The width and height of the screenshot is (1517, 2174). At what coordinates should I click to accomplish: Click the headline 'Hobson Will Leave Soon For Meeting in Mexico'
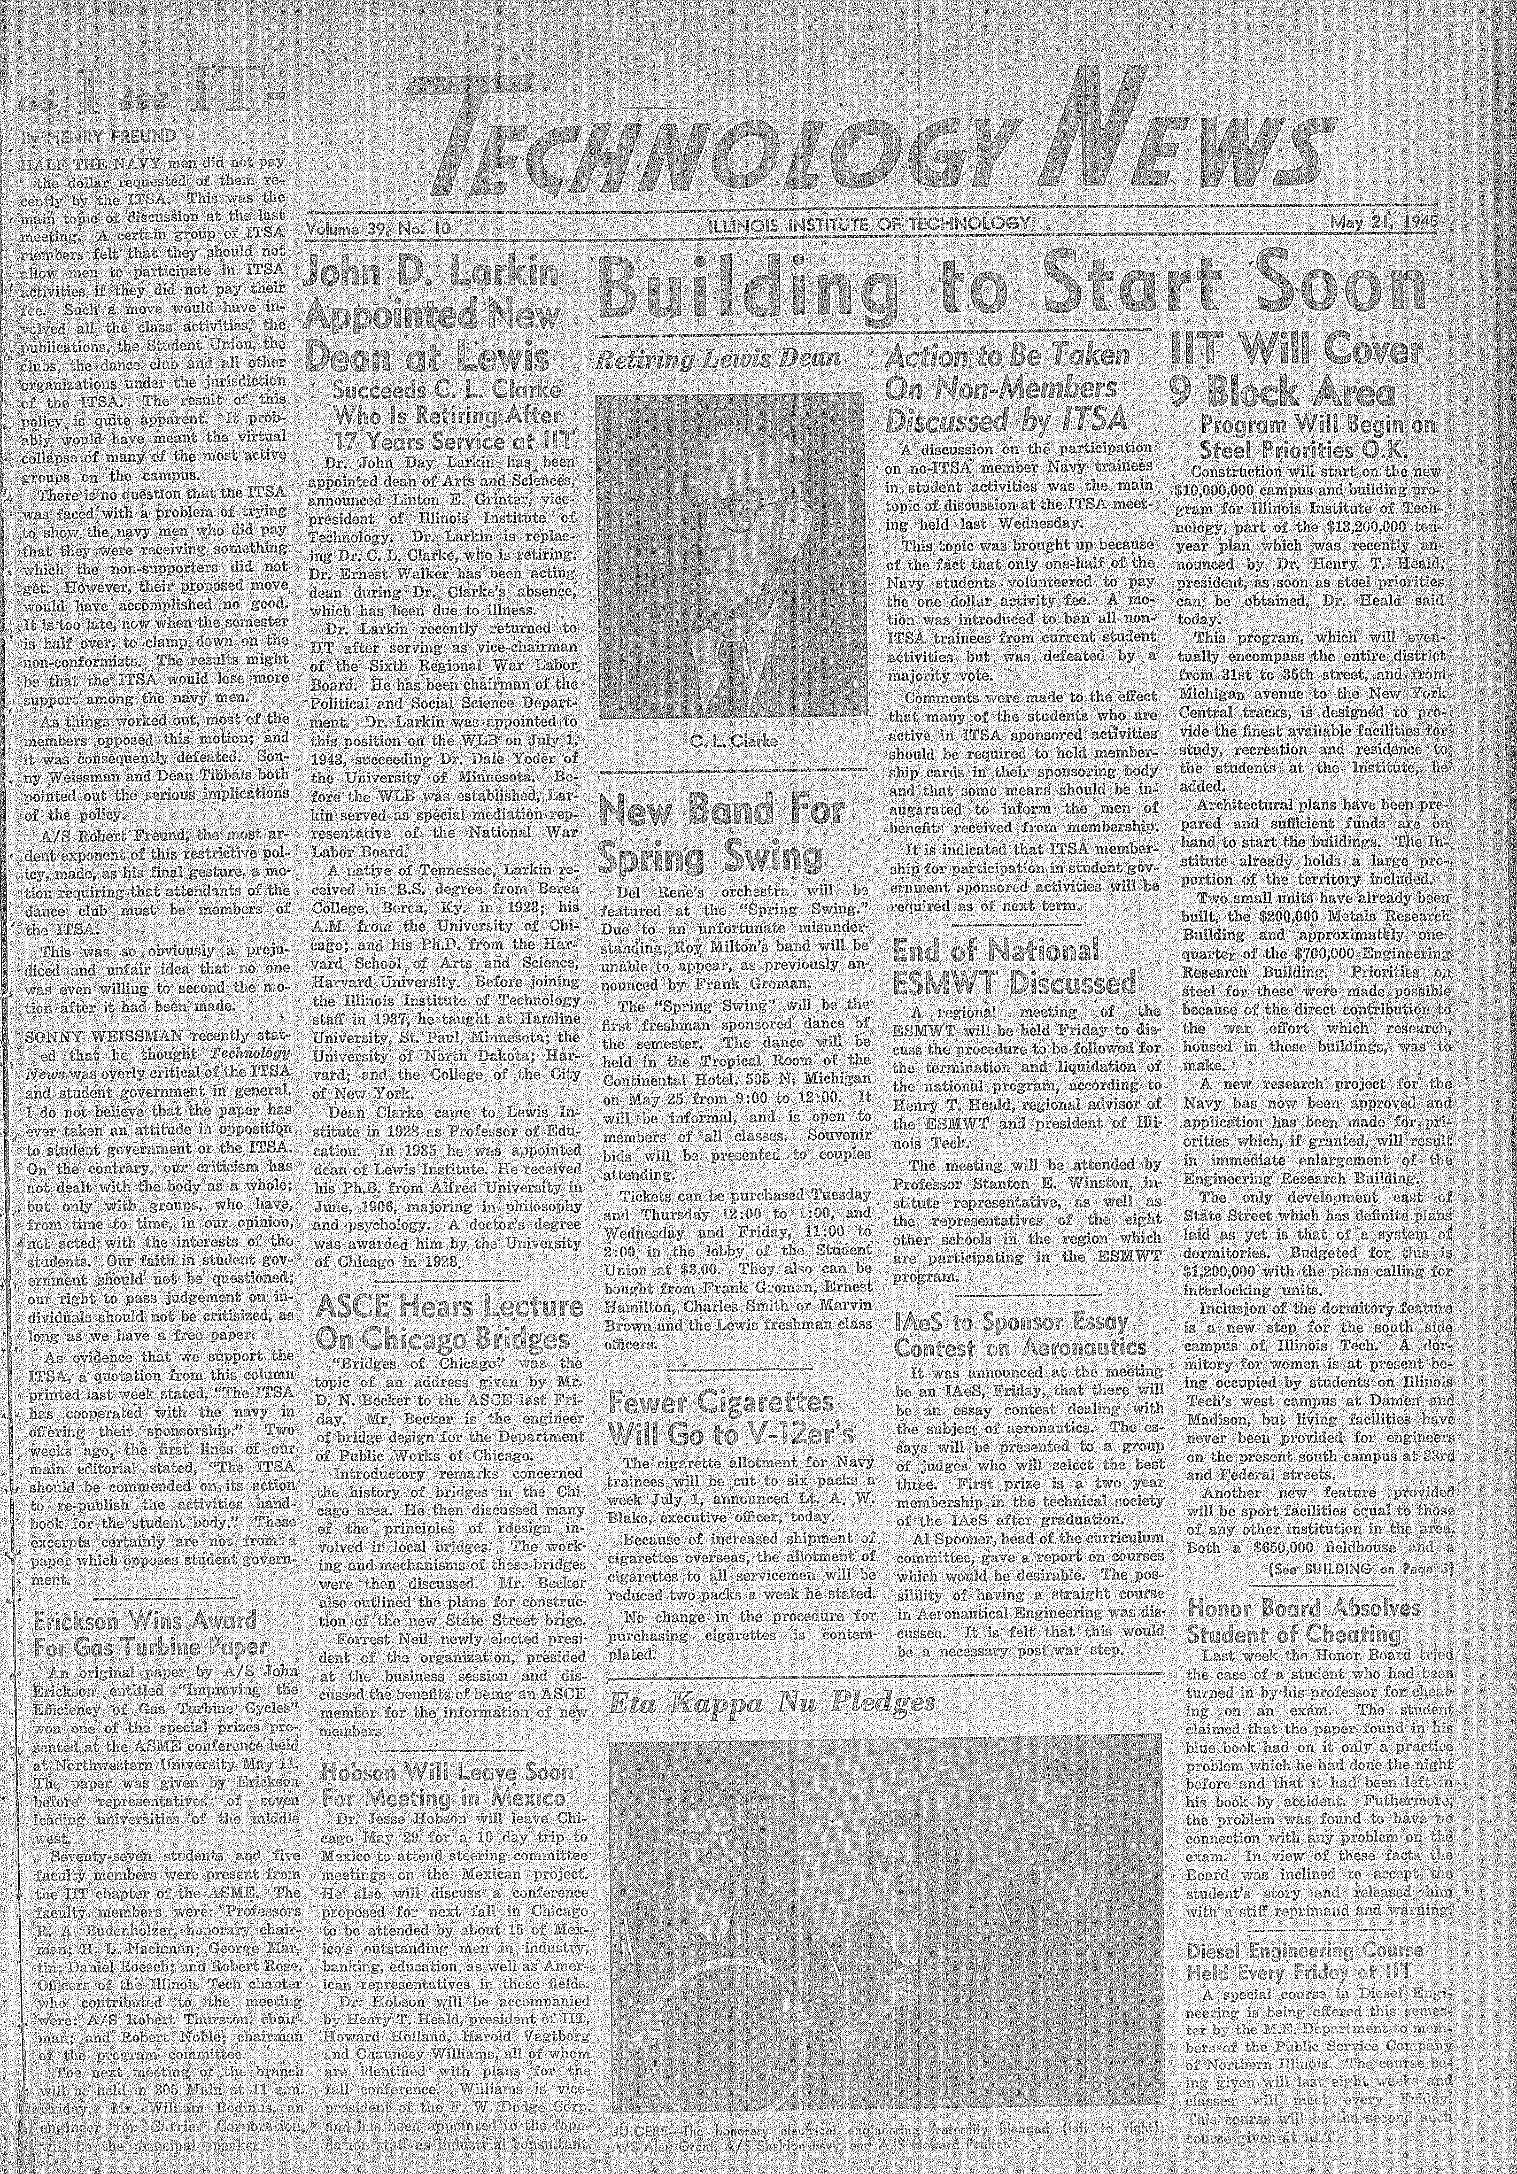coord(447,1786)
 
